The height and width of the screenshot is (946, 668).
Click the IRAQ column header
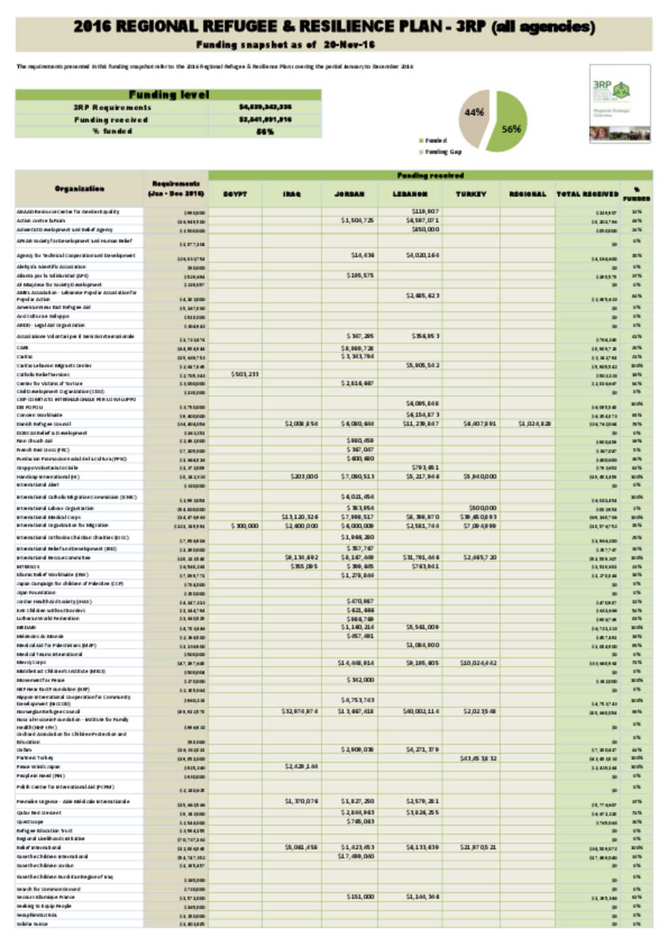coord(292,194)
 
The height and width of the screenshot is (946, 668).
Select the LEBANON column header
coord(410,194)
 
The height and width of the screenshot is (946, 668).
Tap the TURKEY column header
coord(471,194)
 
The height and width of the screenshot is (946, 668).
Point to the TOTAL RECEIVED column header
coord(587,194)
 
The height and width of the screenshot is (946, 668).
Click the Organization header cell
coord(79,189)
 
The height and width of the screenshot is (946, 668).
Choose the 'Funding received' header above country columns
coord(430,175)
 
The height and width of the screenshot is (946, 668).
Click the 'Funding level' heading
coord(168,95)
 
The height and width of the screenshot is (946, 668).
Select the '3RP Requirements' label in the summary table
coord(112,107)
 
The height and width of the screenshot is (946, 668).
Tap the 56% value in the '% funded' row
coord(265,131)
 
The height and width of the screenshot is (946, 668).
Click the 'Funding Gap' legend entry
coord(443,151)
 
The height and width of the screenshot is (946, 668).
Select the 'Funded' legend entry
coord(435,140)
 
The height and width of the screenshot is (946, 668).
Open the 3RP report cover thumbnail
coord(619,103)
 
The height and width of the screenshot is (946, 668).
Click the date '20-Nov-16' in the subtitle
coord(349,44)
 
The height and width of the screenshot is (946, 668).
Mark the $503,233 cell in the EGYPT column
coord(245,374)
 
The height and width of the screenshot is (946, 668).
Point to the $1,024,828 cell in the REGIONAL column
coord(535,424)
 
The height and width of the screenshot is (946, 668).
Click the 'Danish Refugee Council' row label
coord(44,424)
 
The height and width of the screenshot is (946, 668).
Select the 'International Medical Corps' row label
coord(48,517)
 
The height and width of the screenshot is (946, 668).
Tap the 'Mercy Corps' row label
coord(31,662)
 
